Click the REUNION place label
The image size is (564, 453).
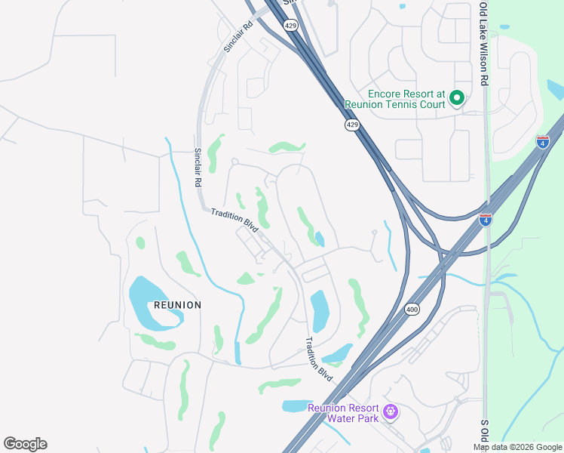[x=177, y=305]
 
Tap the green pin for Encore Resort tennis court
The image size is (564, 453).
[x=456, y=98]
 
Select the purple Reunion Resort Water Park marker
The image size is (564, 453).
[x=390, y=412]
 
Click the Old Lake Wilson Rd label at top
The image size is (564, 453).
[x=483, y=45]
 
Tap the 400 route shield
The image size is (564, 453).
[x=412, y=309]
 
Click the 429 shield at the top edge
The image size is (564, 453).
[x=291, y=25]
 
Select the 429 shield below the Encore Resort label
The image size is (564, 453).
[x=352, y=125]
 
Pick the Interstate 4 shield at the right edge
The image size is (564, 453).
[x=542, y=141]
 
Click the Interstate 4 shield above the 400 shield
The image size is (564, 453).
[x=486, y=220]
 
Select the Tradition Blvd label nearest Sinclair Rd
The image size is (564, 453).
[x=234, y=220]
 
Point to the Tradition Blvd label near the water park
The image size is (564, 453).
[x=319, y=352]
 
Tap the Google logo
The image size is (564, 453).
[x=26, y=444]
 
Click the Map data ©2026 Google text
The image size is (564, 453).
[x=518, y=447]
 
